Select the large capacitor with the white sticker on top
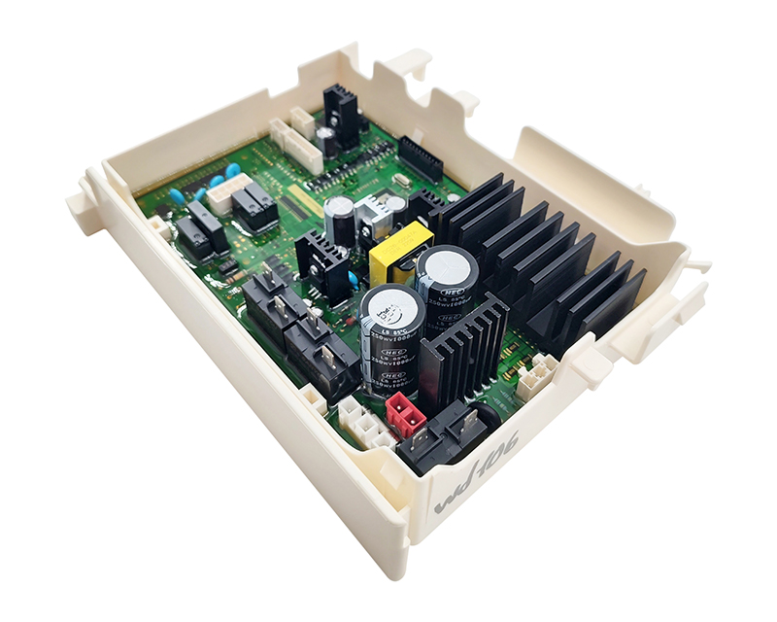pos(390,335)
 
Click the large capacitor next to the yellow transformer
pos(447,282)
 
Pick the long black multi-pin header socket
pos(420,159)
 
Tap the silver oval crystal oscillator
pos(400,182)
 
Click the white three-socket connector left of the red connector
pos(361,420)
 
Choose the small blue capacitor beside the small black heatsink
pos(349,282)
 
